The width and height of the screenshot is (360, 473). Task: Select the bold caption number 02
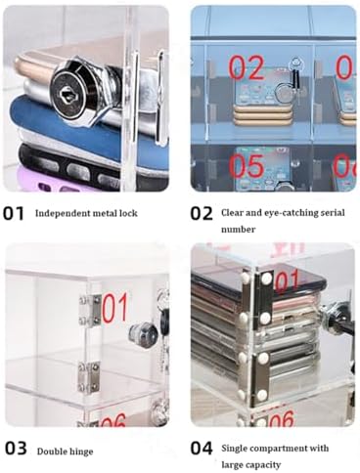(202, 212)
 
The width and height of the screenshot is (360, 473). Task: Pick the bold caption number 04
(202, 449)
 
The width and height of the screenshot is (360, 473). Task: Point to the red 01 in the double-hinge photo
(113, 309)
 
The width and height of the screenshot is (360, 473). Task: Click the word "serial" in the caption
(332, 212)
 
